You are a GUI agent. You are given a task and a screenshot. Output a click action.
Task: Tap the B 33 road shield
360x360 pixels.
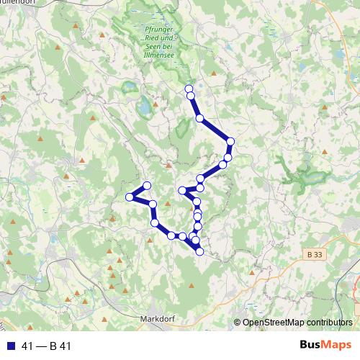pyautogui.click(x=312, y=254)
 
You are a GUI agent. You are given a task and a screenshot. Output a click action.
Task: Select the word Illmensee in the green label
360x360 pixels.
pyautogui.click(x=155, y=51)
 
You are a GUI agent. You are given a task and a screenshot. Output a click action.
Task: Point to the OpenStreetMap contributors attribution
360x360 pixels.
pyautogui.click(x=298, y=322)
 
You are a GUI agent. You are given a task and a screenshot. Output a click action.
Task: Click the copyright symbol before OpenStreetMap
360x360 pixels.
pyautogui.click(x=238, y=322)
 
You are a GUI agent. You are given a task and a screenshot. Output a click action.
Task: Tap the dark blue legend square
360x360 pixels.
pyautogui.click(x=9, y=346)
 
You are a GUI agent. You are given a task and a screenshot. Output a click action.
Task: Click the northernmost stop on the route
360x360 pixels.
pyautogui.click(x=189, y=88)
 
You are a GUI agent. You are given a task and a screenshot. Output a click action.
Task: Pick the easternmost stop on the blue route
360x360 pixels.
pyautogui.click(x=230, y=141)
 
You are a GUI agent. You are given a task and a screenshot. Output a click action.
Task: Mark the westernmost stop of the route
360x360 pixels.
pyautogui.click(x=130, y=197)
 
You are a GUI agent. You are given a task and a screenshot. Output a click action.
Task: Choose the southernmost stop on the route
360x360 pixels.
pyautogui.click(x=199, y=251)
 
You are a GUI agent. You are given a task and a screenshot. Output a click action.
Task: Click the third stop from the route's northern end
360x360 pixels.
pyautogui.click(x=199, y=117)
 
